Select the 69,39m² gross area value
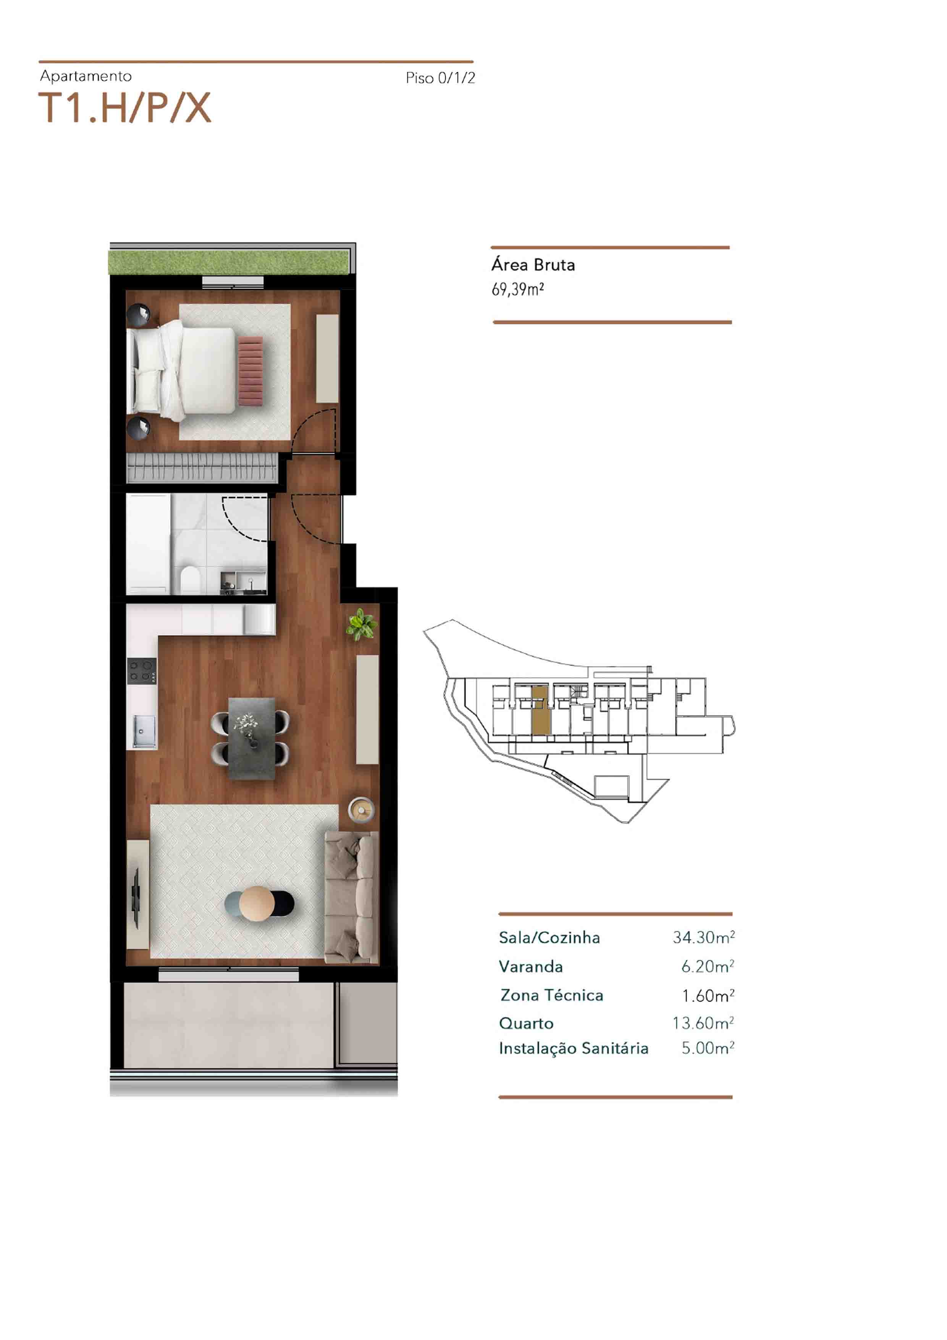click(x=517, y=290)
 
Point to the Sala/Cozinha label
click(x=549, y=937)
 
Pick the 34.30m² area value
click(x=703, y=937)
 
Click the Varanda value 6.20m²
click(x=707, y=966)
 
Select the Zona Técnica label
click(x=551, y=995)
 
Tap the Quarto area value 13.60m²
click(x=703, y=1023)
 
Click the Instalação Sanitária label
click(x=574, y=1049)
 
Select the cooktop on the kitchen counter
click(x=142, y=671)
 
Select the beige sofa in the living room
click(x=348, y=895)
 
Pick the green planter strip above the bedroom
click(x=229, y=262)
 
